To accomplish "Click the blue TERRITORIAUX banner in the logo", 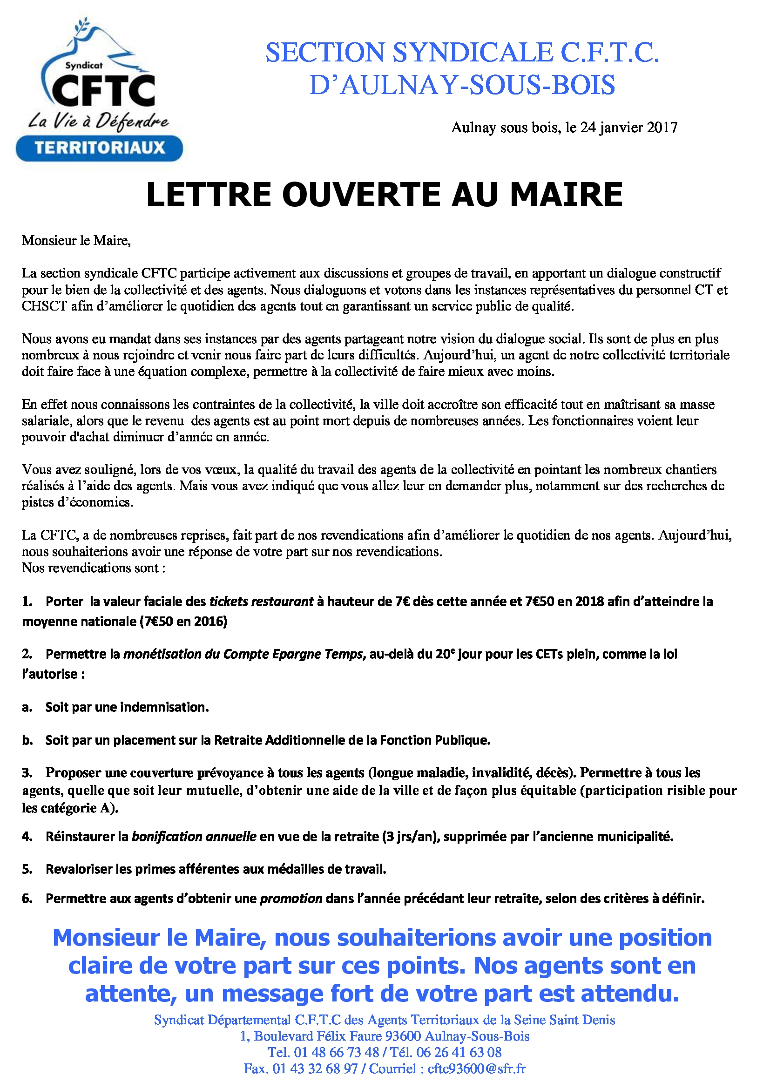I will [99, 148].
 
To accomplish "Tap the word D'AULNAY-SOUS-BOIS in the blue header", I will [462, 85].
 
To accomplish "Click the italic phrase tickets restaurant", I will [261, 602].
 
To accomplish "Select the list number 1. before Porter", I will [27, 602].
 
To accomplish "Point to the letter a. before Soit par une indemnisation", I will [27, 707].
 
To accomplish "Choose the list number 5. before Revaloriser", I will [27, 869].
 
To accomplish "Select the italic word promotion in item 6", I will [291, 898].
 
